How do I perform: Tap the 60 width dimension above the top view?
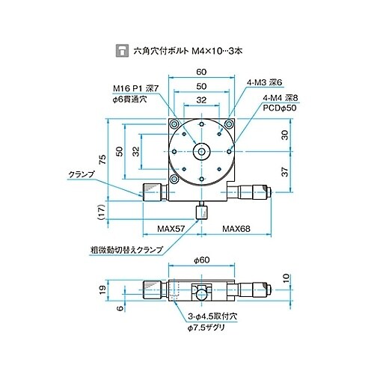202,71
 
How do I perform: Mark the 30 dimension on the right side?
283,135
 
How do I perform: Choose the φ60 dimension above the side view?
202,260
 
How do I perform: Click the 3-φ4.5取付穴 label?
211,316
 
